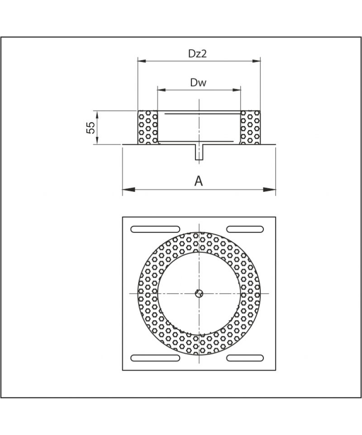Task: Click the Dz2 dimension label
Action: click(x=197, y=53)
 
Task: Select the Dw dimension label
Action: click(x=198, y=82)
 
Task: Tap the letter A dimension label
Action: click(x=199, y=181)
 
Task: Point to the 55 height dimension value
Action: click(x=90, y=128)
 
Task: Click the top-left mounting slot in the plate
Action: click(x=155, y=229)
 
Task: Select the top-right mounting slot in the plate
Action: click(x=245, y=229)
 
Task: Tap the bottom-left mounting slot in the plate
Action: click(x=155, y=358)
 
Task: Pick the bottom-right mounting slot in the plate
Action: click(x=245, y=358)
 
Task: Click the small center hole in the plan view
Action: click(x=199, y=293)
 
